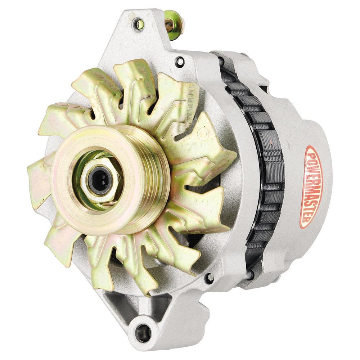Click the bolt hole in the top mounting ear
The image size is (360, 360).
click(138, 24)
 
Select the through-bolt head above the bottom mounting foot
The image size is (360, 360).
click(208, 278)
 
